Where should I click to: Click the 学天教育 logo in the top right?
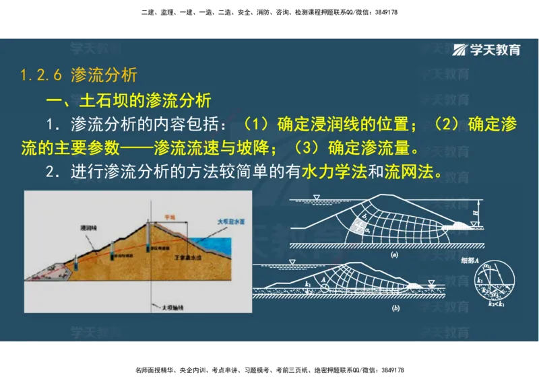point(487,50)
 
